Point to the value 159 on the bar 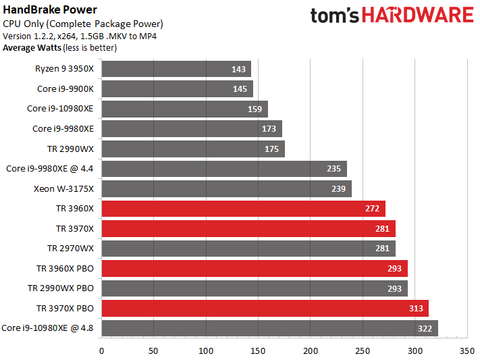[x=256, y=108]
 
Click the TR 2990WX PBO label [x=62, y=287]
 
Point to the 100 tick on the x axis [x=205, y=351]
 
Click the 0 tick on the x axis [x=102, y=351]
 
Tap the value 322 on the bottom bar [x=425, y=327]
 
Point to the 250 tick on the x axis [x=361, y=351]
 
